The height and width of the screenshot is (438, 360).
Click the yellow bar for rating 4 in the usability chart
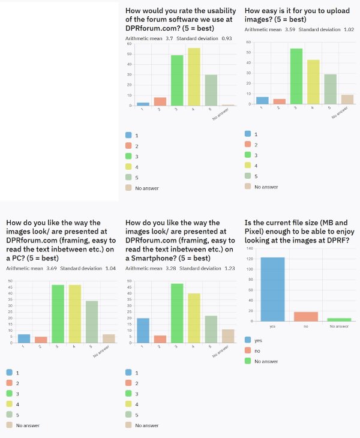point(194,77)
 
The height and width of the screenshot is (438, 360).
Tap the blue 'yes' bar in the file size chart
point(272,289)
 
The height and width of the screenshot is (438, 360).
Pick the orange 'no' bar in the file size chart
point(305,316)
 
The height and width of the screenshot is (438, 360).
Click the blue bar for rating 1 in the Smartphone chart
point(143,331)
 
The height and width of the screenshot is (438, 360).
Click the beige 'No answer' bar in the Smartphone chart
point(227,337)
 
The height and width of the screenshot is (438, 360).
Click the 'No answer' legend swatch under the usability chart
point(130,188)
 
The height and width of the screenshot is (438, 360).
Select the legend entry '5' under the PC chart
point(17,415)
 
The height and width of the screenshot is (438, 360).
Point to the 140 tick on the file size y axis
point(249,248)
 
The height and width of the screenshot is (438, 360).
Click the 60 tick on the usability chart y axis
point(130,44)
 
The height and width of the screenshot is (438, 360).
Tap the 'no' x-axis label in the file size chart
point(305,326)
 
